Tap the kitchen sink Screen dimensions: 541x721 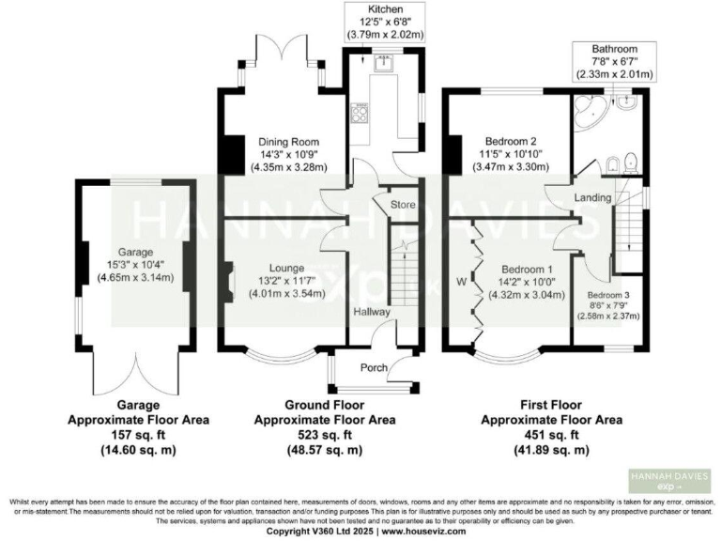pyautogui.click(x=383, y=64)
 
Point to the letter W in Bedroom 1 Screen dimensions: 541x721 pyautogui.click(x=461, y=281)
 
